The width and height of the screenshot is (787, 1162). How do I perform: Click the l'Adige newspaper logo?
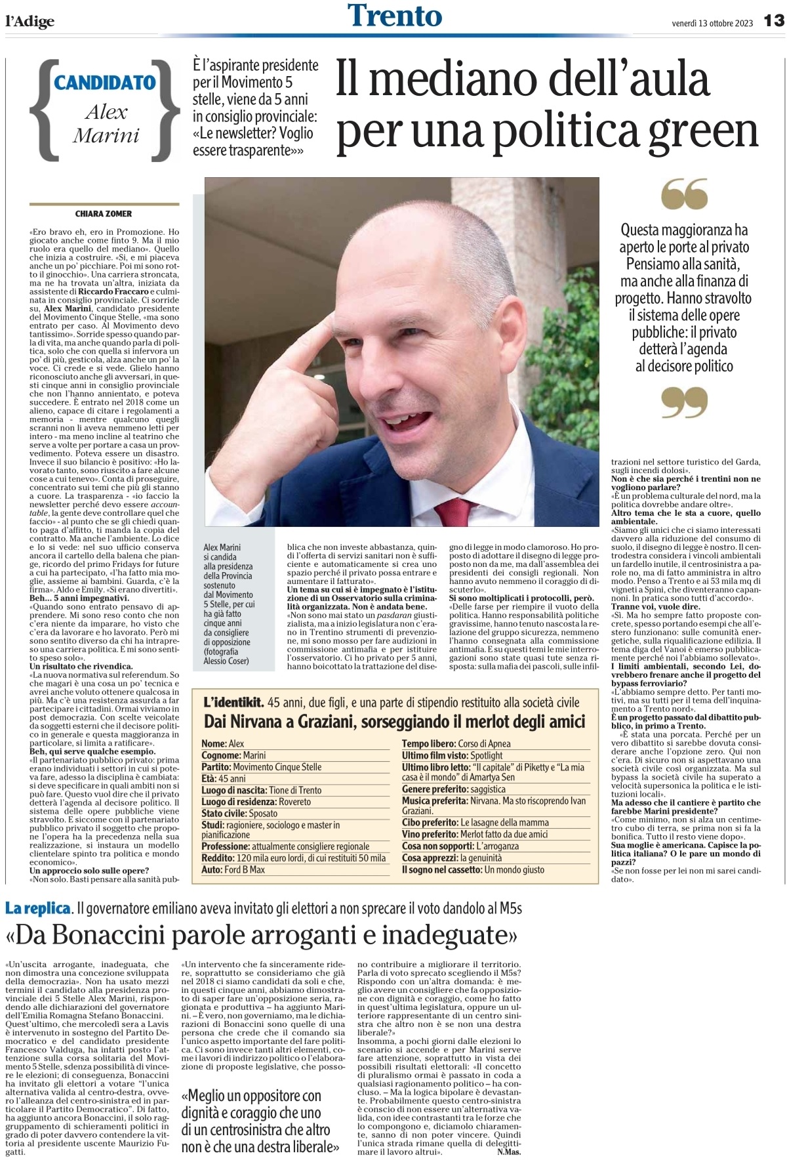pyautogui.click(x=30, y=21)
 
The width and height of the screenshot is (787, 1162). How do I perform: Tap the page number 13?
pyautogui.click(x=773, y=21)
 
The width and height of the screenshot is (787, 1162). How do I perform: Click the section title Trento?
pyautogui.click(x=395, y=16)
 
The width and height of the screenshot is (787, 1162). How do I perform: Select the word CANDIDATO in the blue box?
pyautogui.click(x=105, y=83)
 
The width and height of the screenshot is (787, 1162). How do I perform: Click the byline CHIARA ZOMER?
pyautogui.click(x=104, y=214)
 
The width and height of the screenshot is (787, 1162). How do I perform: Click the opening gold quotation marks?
pyautogui.click(x=684, y=194)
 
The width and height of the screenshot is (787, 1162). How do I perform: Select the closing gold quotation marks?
pyautogui.click(x=684, y=402)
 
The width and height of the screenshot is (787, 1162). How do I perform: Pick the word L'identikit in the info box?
pyautogui.click(x=233, y=703)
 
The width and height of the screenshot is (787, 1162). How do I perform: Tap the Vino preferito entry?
pyautogui.click(x=475, y=834)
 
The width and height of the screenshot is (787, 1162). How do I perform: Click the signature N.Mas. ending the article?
pyautogui.click(x=509, y=1152)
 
